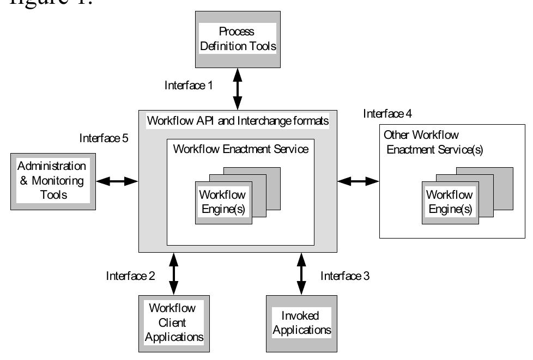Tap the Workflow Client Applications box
tap(173, 321)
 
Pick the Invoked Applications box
tap(299, 322)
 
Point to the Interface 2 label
tap(130, 276)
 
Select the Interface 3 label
tap(345, 276)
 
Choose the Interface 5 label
tap(104, 138)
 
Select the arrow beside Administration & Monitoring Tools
tap(118, 181)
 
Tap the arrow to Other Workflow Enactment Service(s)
tap(358, 181)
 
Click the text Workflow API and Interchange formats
tap(238, 121)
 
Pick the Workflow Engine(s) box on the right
tap(449, 201)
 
